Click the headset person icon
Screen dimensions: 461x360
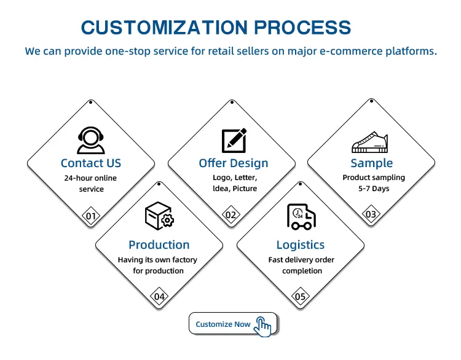pos(91,141)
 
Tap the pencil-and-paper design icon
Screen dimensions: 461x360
pos(234,141)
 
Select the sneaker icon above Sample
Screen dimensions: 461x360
pos(370,143)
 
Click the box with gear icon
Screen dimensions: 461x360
pos(159,216)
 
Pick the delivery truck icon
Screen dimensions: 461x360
pos(301,217)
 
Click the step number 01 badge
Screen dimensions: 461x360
pos(91,216)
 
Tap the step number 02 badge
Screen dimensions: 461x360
pos(230,215)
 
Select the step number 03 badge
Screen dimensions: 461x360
pos(371,214)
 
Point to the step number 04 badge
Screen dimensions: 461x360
pos(159,296)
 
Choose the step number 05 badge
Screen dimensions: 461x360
pos(300,296)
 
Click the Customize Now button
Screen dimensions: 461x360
pos(233,323)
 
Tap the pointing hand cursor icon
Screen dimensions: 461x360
pos(262,326)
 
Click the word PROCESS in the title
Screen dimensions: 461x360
pos(302,28)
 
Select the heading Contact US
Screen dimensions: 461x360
pos(91,163)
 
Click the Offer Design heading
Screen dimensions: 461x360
pos(234,163)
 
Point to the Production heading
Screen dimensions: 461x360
pos(159,245)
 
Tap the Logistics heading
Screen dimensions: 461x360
pos(301,245)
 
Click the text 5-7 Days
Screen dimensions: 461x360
pos(374,189)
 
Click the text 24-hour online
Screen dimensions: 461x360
pos(90,178)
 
